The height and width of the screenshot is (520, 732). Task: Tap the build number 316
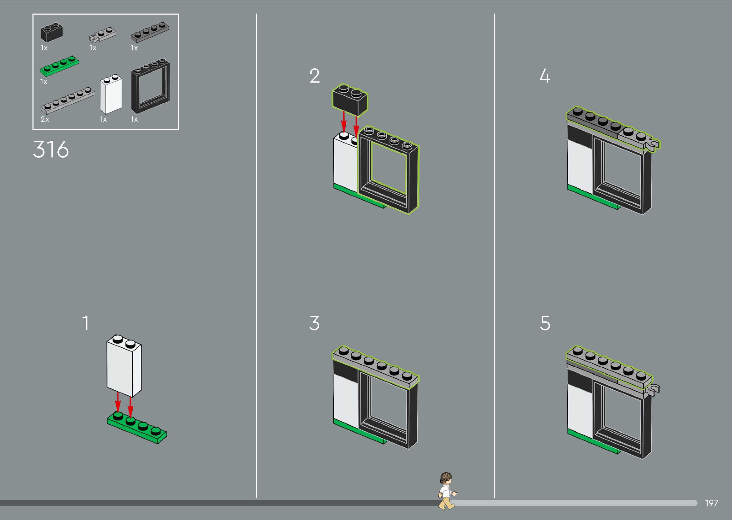[51, 149]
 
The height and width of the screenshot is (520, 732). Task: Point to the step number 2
[314, 76]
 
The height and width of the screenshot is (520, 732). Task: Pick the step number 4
[545, 76]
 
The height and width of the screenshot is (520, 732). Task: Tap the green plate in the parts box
[59, 66]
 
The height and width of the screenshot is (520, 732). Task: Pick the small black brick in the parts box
[52, 33]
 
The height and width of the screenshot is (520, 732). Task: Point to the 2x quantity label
[45, 119]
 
